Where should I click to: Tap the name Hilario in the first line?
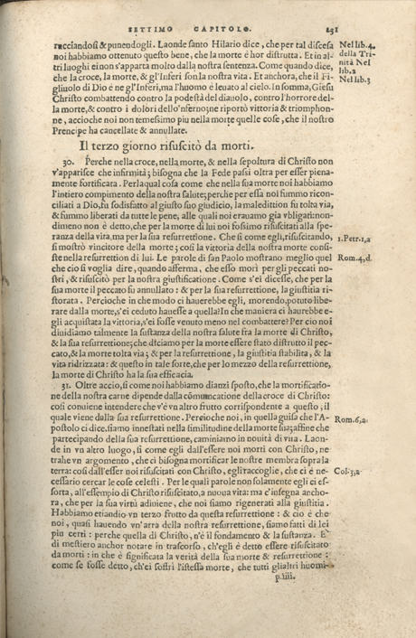coord(207,42)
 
